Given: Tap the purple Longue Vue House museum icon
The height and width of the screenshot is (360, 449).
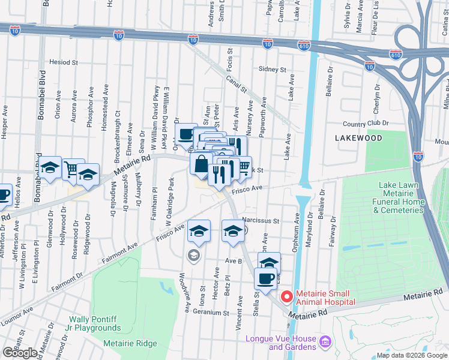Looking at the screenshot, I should click(x=325, y=342).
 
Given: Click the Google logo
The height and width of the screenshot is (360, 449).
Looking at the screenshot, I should click(x=20, y=353).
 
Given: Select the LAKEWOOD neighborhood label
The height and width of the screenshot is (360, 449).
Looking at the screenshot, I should click(x=358, y=138).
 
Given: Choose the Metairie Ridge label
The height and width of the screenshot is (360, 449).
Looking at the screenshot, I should click(x=130, y=344).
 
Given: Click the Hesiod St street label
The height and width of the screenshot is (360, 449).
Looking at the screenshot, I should click(x=64, y=62).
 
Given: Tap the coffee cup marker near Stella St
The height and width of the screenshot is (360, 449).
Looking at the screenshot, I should click(x=265, y=278).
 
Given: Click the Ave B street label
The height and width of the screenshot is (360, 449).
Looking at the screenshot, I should click(x=233, y=261).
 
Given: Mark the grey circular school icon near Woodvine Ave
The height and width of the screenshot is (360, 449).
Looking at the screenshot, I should click(x=193, y=256).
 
